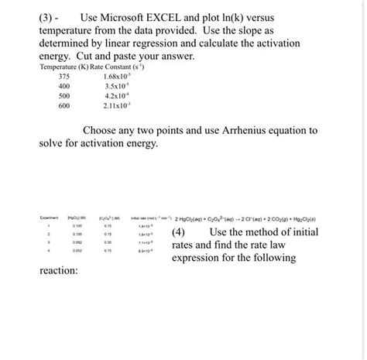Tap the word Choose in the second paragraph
tap(104, 131)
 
